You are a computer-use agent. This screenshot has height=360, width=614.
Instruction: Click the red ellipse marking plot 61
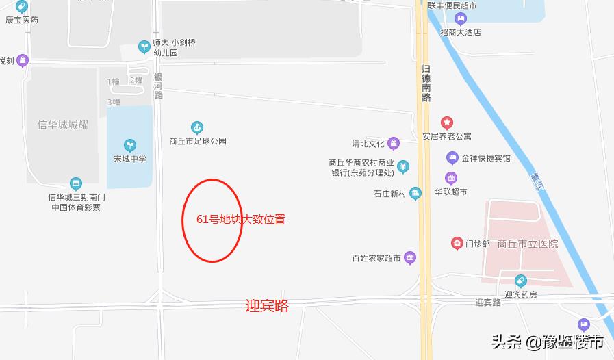click(x=212, y=220)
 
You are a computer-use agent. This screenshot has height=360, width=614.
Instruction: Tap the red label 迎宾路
click(x=267, y=306)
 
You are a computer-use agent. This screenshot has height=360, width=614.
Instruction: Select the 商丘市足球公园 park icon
click(x=197, y=127)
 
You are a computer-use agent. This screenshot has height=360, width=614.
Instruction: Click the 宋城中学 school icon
click(x=129, y=145)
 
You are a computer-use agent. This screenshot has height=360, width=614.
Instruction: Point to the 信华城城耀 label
click(x=63, y=125)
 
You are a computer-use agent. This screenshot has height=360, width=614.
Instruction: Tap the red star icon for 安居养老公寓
click(x=447, y=123)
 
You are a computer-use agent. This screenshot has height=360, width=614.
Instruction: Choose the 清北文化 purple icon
click(x=394, y=144)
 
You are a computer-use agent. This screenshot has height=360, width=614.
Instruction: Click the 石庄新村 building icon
click(x=415, y=194)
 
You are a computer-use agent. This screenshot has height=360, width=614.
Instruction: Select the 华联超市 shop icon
click(x=451, y=179)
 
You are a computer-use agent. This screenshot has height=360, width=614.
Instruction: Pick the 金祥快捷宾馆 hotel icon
click(x=452, y=158)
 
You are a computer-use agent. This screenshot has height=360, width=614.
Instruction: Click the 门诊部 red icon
click(x=457, y=244)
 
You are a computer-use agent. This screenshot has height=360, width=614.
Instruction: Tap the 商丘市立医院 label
click(x=528, y=244)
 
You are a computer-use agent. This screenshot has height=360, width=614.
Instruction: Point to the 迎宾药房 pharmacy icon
click(x=521, y=281)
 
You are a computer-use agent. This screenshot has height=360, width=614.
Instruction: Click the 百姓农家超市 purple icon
click(x=410, y=258)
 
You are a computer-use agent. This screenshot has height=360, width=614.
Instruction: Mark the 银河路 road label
click(x=158, y=86)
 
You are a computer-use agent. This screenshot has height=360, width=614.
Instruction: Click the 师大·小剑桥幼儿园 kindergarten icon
click(x=144, y=47)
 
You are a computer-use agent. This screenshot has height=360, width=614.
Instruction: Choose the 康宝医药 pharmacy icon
click(x=23, y=8)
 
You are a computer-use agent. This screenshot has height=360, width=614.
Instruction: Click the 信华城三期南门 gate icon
click(x=76, y=183)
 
